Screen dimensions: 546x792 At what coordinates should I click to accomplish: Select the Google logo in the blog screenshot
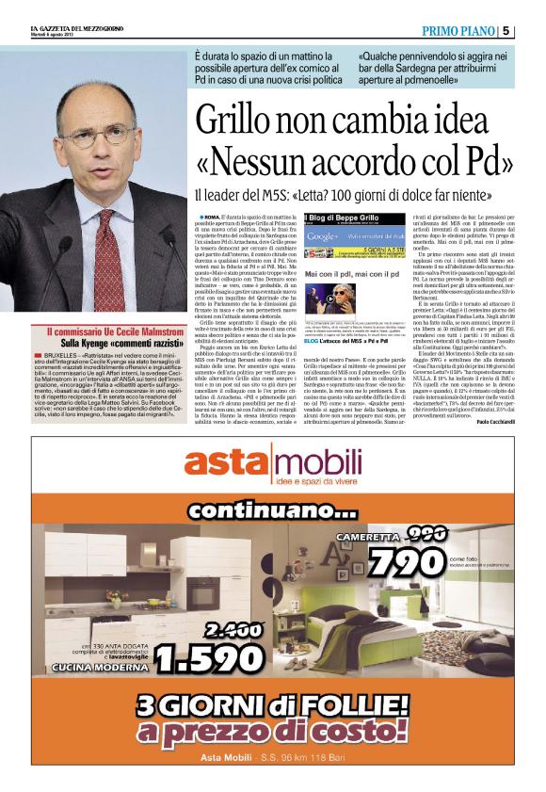click(x=322, y=235)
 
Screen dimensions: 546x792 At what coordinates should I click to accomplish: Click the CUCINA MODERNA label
click(x=89, y=668)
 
